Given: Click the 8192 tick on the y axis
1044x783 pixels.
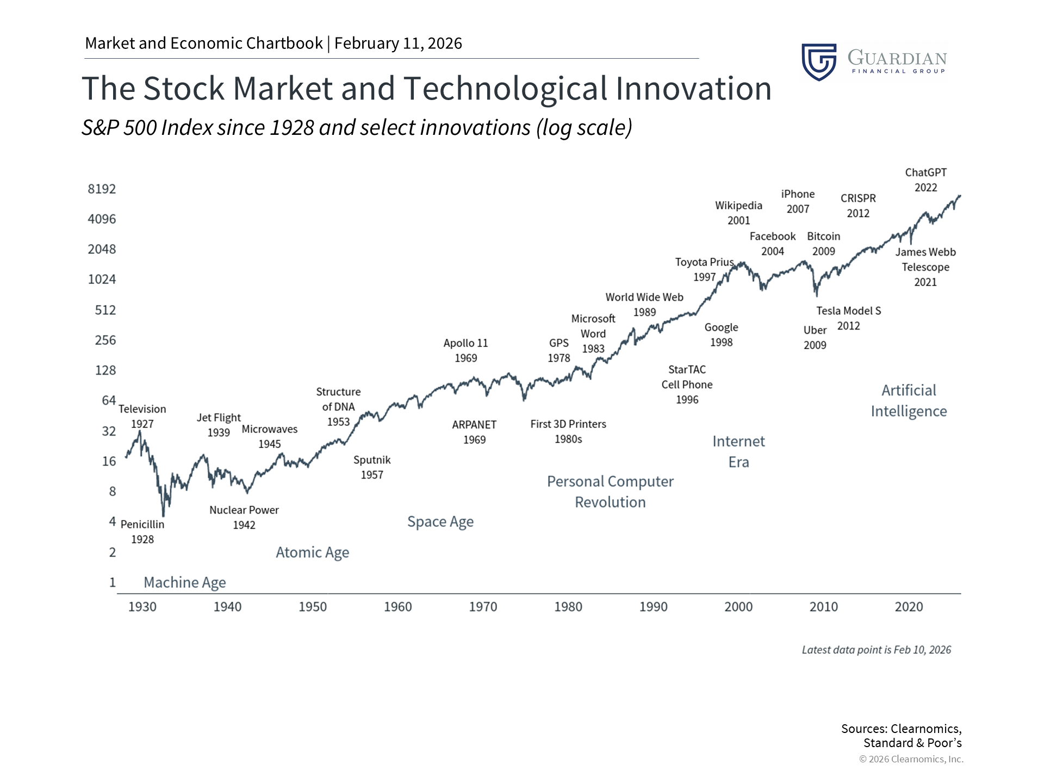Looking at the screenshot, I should tap(102, 189).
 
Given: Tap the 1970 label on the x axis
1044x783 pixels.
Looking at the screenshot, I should tap(483, 607).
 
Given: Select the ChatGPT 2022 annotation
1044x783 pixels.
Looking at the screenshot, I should tap(925, 180).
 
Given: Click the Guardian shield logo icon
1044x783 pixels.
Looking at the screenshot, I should tap(819, 62).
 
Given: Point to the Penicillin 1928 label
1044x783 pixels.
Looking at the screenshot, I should tap(142, 532).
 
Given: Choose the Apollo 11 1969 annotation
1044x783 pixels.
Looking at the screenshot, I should tap(465, 351).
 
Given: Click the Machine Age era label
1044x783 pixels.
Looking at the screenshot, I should tap(184, 582).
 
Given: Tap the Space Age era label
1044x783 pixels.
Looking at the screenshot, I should tap(440, 522).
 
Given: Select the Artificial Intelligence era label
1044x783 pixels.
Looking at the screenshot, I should tap(909, 401).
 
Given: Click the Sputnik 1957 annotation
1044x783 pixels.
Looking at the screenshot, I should tap(372, 467).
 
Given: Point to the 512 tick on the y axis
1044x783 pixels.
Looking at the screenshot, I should tap(105, 310).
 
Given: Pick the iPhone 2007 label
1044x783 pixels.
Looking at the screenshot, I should tap(798, 201).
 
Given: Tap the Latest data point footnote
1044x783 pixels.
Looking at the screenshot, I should tap(876, 650).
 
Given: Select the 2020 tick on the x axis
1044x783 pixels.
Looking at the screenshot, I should tap(909, 607).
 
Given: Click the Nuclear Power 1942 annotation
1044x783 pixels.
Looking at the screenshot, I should tap(244, 517).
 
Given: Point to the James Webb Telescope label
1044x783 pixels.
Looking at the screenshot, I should tap(925, 267).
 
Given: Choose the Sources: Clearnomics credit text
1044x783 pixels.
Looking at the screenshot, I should tap(901, 736).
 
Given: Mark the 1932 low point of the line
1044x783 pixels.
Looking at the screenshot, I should tap(163, 515).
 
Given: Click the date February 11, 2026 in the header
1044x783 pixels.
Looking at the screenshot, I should tap(398, 43).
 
